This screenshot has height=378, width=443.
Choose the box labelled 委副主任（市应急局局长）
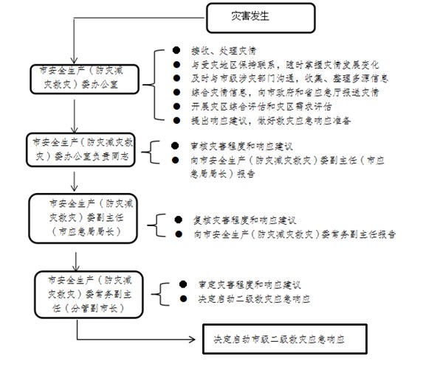(83, 218)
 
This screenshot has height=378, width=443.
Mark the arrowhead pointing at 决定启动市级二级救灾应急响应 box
(199, 341)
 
